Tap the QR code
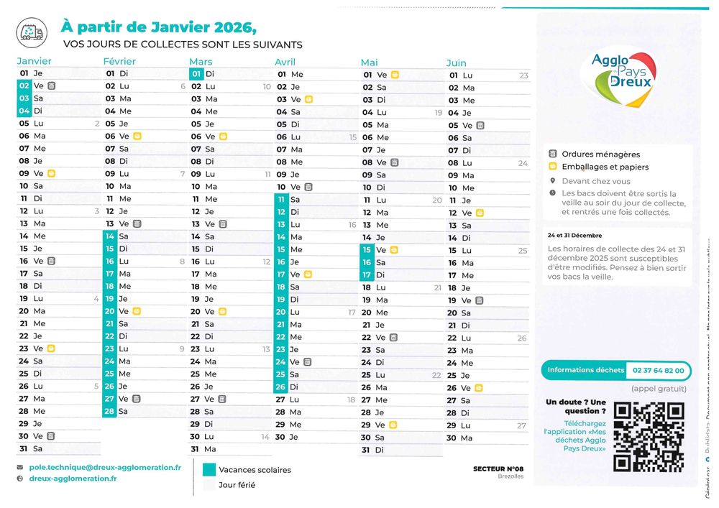coord(648,436)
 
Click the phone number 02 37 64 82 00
coord(657,370)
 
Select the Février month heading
coord(119,62)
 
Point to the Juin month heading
coord(456,63)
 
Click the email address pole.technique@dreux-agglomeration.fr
coord(105,467)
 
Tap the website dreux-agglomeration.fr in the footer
coord(73,479)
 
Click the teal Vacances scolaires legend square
coord(209,470)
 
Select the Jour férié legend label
coord(237,485)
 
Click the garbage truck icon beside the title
coord(31,31)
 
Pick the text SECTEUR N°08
coord(498,469)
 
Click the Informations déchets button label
coord(586,370)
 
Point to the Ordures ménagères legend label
coord(600,154)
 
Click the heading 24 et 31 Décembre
coord(574,236)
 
